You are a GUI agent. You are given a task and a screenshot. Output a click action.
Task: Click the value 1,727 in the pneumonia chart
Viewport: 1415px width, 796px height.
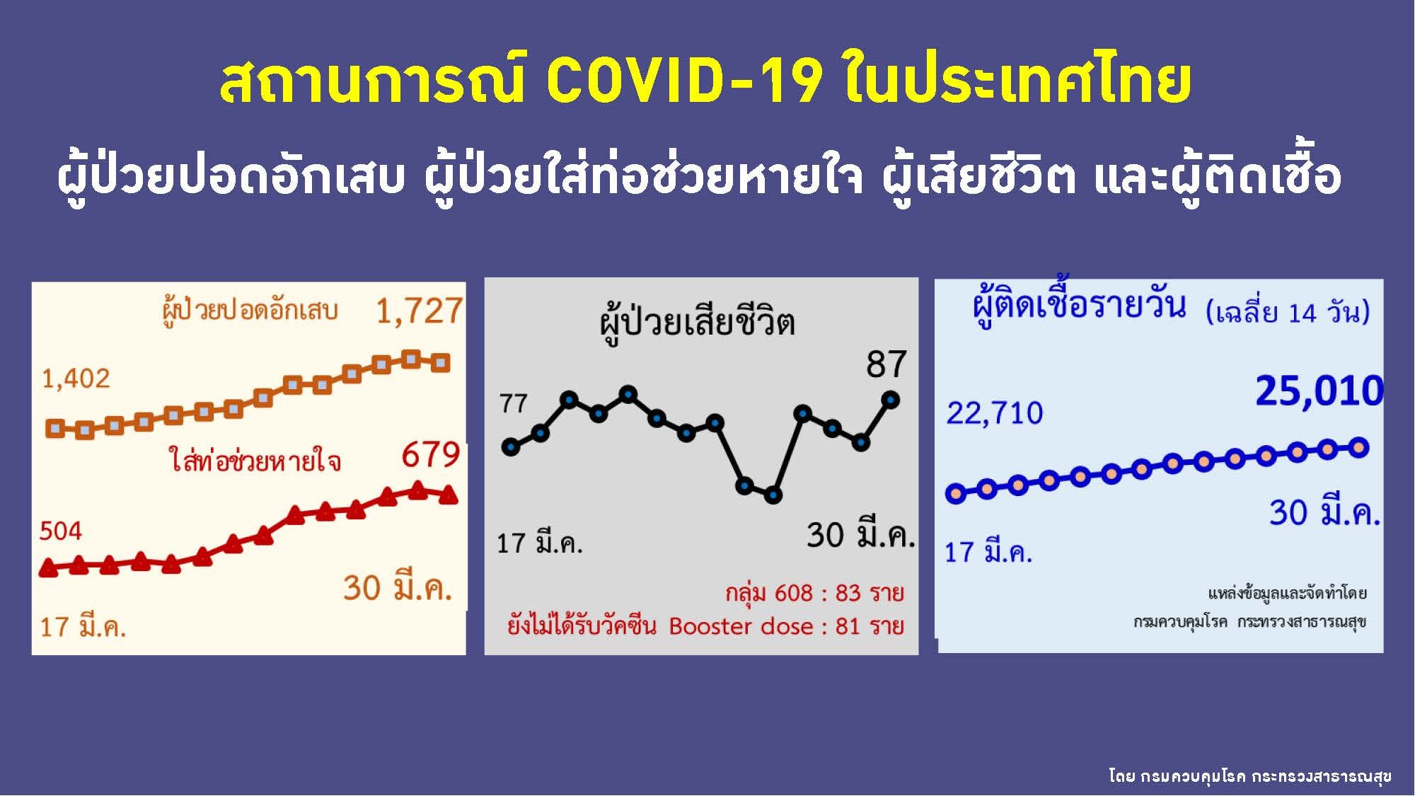coord(419,311)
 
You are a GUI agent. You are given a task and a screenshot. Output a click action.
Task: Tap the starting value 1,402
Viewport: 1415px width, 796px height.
coord(76,379)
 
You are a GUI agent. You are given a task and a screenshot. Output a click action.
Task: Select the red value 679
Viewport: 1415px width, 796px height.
coord(431,455)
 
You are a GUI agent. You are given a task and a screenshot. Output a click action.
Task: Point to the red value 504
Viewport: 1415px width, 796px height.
coord(61,531)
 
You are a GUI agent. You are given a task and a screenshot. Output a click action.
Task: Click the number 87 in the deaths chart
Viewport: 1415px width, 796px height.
coord(886,365)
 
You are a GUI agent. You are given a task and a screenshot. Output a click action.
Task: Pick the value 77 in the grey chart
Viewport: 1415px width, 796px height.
coord(514,404)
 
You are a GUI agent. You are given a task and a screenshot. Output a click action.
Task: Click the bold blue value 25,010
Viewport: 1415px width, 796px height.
coord(1319,391)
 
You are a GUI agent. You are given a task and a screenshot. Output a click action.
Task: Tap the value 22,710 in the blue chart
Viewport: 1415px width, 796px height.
coord(995,413)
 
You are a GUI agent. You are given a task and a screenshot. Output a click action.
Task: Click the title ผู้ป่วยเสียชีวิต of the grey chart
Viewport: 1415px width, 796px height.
coord(698,323)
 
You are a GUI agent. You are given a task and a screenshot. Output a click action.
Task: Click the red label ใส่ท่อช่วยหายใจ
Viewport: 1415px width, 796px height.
coord(255,461)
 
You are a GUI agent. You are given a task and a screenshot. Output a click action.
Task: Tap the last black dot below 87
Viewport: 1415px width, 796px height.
coord(890,400)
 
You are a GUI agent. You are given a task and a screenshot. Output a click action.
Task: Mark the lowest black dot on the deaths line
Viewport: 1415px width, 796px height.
coord(773,495)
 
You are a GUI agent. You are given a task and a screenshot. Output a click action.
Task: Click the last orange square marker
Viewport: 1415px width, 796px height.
coord(440,363)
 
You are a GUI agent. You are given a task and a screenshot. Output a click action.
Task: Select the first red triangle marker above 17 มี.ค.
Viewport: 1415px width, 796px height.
coord(48,567)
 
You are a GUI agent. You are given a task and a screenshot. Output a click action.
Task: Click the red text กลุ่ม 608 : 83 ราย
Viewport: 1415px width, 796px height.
coord(814,593)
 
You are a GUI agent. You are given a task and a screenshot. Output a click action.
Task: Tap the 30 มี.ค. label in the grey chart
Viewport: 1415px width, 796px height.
coord(860,535)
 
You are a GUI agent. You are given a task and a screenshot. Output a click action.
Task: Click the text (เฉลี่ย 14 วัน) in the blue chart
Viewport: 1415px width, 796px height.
coord(1288,313)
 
